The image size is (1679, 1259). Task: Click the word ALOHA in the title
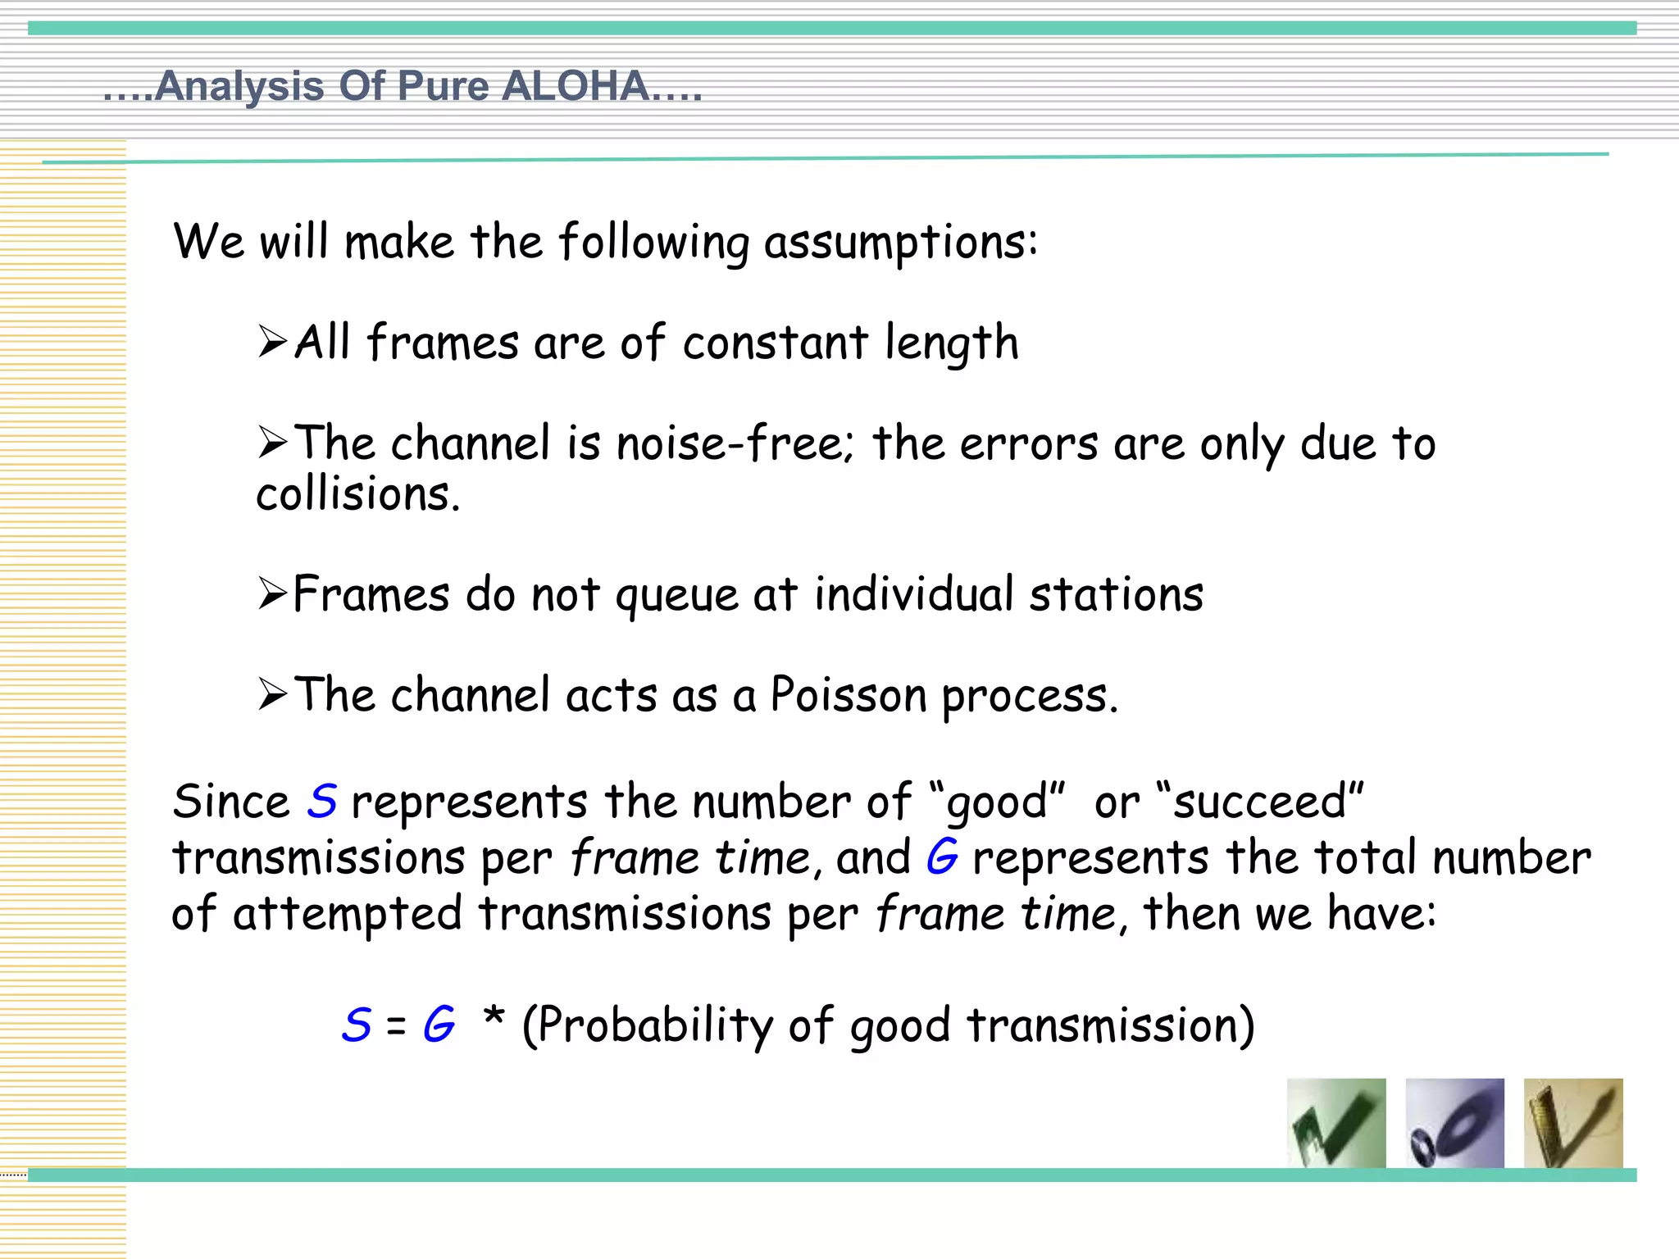574,86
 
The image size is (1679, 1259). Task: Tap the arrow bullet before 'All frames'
272,342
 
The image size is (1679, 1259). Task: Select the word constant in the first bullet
775,343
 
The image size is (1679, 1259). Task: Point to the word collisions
357,495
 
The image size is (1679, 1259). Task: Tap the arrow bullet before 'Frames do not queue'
272,593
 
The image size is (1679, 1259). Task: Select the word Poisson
847,695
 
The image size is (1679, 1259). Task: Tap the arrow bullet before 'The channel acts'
272,694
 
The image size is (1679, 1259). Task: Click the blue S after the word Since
322,802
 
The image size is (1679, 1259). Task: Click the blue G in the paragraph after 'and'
942,857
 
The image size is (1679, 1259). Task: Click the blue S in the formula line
357,1025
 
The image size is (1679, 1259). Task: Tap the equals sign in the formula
396,1026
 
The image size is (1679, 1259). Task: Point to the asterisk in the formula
494,1018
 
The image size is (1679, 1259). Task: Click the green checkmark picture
1336,1123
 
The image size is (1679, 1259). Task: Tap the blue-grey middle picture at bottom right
1454,1123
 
